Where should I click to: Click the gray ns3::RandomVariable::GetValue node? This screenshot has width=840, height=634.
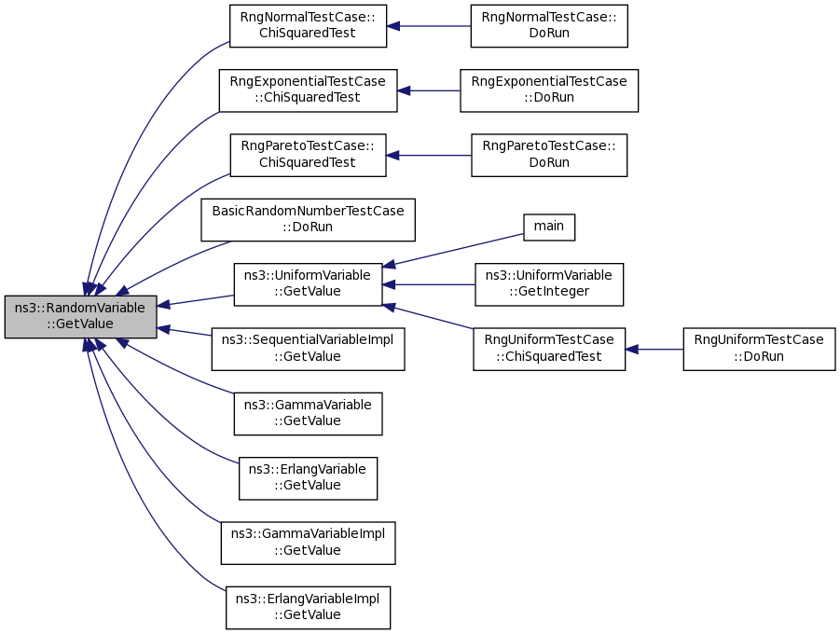click(81, 317)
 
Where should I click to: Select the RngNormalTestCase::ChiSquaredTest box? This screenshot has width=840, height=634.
click(308, 26)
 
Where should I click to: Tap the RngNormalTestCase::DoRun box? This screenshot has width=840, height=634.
click(549, 26)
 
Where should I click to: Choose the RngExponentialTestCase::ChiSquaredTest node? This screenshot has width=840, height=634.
click(308, 90)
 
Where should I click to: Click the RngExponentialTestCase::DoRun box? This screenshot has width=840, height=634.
click(549, 90)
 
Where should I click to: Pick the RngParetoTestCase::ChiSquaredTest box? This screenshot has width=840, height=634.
click(308, 156)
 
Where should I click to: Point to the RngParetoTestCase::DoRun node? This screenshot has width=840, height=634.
click(549, 156)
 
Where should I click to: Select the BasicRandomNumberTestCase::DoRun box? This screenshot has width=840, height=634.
click(308, 220)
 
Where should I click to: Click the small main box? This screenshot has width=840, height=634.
click(549, 227)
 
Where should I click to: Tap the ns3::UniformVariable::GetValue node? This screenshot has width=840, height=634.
click(308, 284)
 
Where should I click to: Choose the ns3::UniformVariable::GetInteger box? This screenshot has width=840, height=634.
click(549, 284)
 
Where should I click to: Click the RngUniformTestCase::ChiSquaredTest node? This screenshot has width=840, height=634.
click(549, 349)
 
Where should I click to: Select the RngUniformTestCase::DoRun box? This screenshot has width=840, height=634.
click(759, 349)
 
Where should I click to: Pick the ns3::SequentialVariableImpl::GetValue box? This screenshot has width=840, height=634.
click(308, 349)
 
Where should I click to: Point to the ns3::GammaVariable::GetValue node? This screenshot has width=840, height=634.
click(308, 414)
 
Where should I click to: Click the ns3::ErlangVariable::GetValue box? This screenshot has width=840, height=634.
click(308, 478)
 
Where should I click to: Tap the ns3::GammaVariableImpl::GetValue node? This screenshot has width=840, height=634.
click(308, 543)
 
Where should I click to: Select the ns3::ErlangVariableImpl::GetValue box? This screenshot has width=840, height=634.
click(308, 608)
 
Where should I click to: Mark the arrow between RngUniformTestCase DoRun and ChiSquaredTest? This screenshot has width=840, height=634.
click(654, 350)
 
